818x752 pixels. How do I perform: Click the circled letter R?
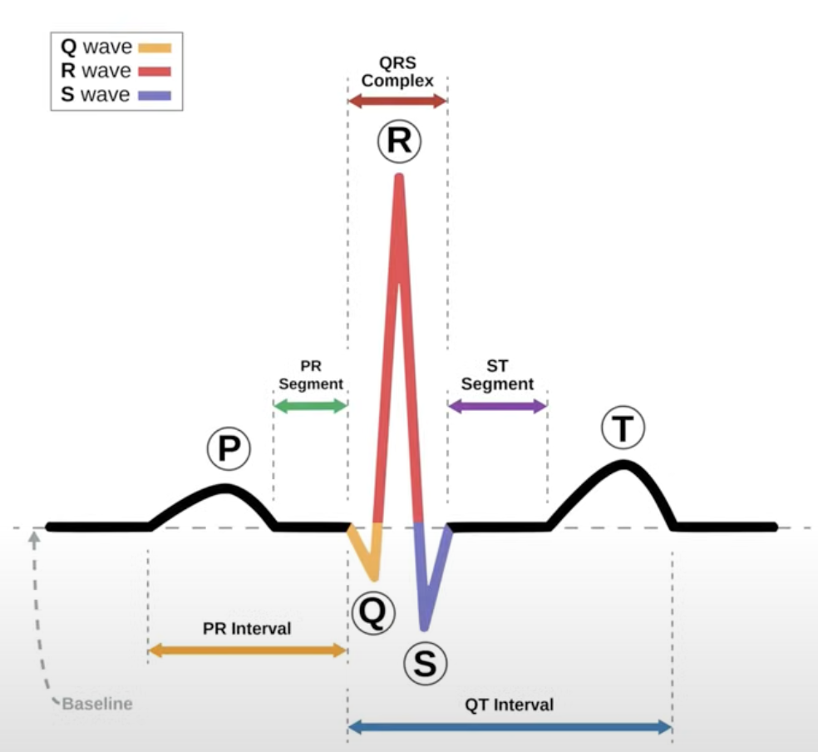pos(399,142)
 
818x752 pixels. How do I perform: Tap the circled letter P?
pos(229,449)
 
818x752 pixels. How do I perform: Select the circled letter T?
pos(623,428)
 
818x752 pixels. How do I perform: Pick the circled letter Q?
pos(372,613)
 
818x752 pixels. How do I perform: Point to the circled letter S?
pos(426,663)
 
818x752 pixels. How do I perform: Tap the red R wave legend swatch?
pos(155,72)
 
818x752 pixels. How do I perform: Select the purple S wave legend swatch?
pos(155,96)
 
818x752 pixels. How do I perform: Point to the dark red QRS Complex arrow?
pos(397,101)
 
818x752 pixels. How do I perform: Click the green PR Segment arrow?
pos(310,406)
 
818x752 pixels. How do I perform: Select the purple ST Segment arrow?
pos(497,406)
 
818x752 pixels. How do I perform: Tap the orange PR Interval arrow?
pos(247,651)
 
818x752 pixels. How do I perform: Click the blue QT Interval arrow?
pos(509,727)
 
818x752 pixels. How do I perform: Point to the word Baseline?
pos(97,704)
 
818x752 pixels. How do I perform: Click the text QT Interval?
pos(509,705)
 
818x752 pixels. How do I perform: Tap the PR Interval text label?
pos(247,629)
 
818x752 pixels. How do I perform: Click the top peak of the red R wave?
pos(400,177)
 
